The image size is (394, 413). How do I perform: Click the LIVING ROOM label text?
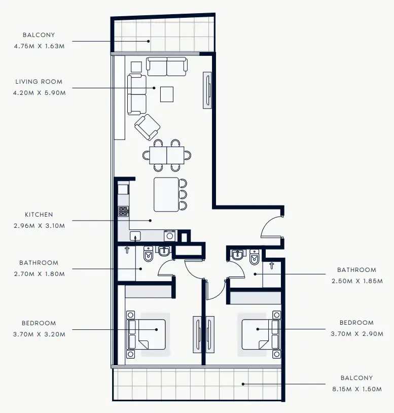39,81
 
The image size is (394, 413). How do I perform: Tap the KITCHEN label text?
39,215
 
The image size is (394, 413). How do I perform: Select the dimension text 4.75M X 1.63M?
40,46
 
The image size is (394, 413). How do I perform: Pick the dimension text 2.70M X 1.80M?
40,274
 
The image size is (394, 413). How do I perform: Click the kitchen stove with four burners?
123,211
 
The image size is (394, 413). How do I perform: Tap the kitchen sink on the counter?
135,235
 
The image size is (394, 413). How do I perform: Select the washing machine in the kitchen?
170,235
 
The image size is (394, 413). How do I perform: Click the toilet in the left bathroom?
148,253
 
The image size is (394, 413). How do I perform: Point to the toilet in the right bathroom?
255,258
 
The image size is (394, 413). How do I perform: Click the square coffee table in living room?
166,94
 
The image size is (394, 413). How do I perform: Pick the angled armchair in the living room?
147,127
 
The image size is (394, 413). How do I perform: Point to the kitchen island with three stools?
166,194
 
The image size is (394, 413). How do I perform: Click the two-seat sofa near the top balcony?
167,66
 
